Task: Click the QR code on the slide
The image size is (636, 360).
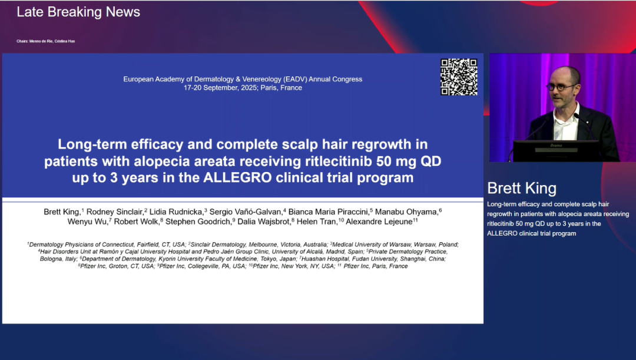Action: pyautogui.click(x=459, y=77)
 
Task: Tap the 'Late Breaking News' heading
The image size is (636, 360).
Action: pyautogui.click(x=78, y=12)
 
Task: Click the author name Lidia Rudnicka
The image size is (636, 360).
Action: pyautogui.click(x=176, y=212)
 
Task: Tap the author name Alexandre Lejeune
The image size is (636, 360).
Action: pyautogui.click(x=379, y=222)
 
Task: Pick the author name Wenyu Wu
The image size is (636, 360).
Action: pyautogui.click(x=88, y=222)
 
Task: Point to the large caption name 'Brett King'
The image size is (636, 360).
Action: pyautogui.click(x=522, y=189)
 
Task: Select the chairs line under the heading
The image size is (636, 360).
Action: pyautogui.click(x=46, y=41)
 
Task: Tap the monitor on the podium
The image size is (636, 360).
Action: pyautogui.click(x=556, y=151)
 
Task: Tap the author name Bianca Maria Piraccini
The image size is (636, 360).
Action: pyautogui.click(x=329, y=212)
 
